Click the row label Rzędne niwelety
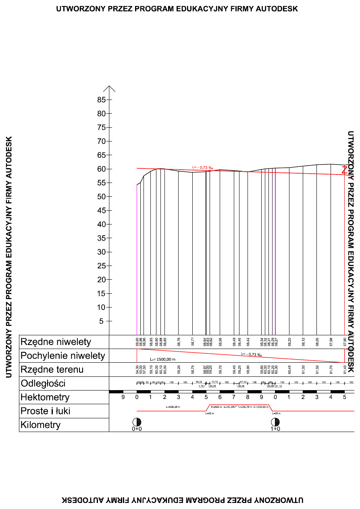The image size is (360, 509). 56,342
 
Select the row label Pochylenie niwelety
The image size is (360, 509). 62,356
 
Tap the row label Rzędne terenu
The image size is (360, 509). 52,370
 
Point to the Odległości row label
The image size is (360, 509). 43,383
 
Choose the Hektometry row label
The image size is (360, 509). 45,397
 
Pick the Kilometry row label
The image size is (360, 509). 40,425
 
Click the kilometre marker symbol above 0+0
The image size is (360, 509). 137,422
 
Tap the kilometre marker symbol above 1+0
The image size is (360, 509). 275,422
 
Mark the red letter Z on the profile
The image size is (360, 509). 344,170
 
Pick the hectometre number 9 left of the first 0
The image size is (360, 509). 123,397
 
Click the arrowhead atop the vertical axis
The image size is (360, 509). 109,88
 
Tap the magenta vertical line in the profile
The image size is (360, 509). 275,250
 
